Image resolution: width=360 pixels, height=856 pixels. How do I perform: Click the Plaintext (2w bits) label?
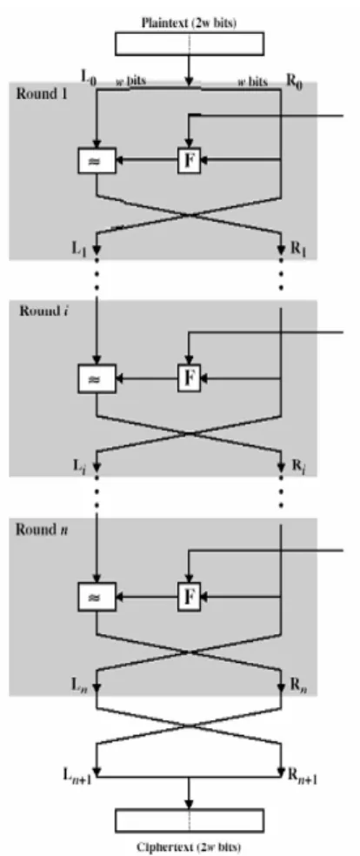coord(189,23)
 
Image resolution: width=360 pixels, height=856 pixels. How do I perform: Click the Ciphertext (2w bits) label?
coord(189,846)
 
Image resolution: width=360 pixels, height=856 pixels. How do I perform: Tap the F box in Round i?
coord(189,378)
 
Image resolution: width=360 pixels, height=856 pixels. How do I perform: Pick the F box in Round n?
coord(189,596)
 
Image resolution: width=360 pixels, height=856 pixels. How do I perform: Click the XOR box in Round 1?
coord(97,161)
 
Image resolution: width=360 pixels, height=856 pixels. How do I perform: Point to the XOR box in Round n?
coord(97,597)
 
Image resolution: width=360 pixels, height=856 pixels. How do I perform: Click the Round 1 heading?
coord(38,93)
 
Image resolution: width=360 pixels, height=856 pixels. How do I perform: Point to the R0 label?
coord(295,83)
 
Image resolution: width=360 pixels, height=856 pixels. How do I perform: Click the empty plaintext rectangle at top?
coord(190,43)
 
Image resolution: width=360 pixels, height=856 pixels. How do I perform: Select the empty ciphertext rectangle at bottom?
coord(190,820)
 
